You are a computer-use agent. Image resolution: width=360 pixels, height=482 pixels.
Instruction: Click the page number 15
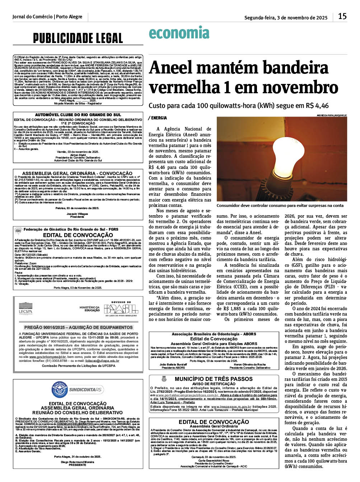tap(342, 16)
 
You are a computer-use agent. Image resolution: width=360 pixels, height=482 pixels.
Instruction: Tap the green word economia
tap(179, 33)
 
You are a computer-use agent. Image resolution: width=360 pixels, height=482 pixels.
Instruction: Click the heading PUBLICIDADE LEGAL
tap(78, 38)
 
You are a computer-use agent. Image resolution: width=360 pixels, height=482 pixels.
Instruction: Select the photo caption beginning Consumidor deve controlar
tap(280, 206)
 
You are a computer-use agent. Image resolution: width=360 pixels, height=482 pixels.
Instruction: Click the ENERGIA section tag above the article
tap(158, 118)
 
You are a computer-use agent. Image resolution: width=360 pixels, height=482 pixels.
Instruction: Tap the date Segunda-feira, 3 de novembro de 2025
tap(286, 18)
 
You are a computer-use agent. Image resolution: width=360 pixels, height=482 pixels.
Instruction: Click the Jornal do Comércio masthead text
tap(47, 17)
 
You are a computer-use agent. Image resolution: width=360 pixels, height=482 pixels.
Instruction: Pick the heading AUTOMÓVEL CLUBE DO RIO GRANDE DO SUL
tap(78, 115)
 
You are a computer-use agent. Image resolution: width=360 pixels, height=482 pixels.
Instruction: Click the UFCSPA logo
tap(25, 308)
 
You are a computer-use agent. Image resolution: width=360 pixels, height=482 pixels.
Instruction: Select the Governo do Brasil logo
tap(121, 308)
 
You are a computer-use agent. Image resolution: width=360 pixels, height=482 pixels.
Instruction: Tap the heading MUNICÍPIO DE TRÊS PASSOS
tap(214, 379)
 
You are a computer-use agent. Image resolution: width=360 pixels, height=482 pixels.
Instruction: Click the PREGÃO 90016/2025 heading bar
tap(78, 327)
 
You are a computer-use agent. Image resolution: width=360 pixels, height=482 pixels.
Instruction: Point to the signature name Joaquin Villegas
tap(77, 214)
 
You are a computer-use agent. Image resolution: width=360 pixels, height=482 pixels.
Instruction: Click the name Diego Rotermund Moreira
tap(77, 462)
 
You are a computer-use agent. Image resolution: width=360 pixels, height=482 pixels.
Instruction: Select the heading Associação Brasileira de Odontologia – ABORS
tap(214, 334)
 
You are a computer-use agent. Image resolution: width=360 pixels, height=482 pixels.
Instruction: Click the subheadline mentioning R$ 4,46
tap(238, 106)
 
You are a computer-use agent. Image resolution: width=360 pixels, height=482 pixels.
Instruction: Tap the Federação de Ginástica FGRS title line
tap(71, 230)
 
